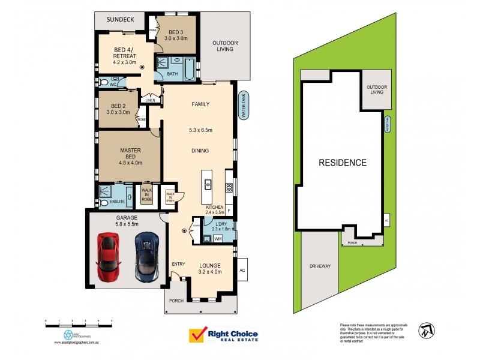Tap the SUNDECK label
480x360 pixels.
[x=120, y=20]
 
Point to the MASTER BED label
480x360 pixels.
[x=130, y=154]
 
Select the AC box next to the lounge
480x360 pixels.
[x=242, y=269]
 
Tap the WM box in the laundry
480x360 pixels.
[x=217, y=239]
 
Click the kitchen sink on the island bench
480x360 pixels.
[x=208, y=184]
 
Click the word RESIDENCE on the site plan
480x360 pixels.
[x=342, y=163]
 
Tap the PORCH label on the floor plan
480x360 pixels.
[x=176, y=301]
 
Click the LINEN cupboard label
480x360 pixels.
[x=150, y=100]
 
